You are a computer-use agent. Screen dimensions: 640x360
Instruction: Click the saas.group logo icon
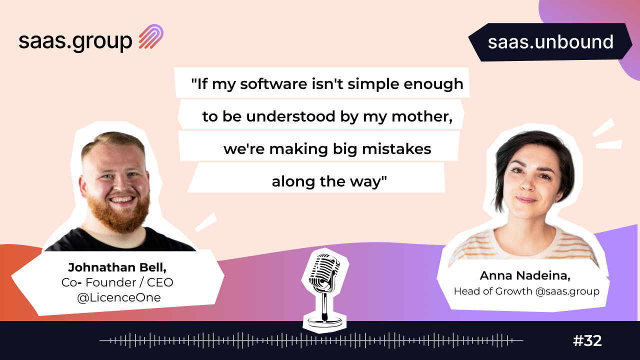[x=151, y=36]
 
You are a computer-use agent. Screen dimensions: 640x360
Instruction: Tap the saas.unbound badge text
[x=550, y=42]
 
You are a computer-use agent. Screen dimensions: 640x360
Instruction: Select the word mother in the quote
[x=422, y=116]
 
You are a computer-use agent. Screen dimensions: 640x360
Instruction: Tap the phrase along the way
[x=329, y=181]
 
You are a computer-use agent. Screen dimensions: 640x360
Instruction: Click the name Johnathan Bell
[x=117, y=267]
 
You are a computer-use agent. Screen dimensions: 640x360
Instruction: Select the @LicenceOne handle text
[x=119, y=297]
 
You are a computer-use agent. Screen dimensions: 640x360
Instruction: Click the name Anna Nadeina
[x=525, y=275]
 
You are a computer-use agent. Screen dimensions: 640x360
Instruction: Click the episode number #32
[x=587, y=340]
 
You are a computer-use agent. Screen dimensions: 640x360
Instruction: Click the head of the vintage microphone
[x=324, y=271]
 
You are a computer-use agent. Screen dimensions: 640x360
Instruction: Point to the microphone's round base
[x=324, y=321]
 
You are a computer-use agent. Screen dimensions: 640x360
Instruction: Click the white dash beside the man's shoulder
[x=206, y=222]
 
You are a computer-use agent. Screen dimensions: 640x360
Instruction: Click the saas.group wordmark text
[x=75, y=41]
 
